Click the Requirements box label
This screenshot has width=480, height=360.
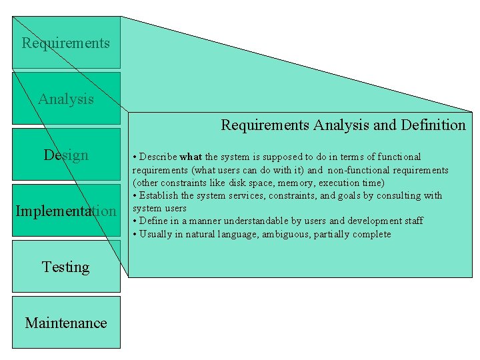pos(65,43)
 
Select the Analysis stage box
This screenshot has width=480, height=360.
pos(66,99)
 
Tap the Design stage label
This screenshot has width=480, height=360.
pos(66,155)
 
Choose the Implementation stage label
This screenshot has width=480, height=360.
pos(66,211)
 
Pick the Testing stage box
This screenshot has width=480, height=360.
pos(66,267)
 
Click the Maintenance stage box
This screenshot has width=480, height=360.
pos(66,323)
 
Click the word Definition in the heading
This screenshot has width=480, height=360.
pos(433,125)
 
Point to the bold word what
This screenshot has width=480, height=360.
pos(191,157)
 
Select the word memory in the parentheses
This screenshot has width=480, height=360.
pos(285,183)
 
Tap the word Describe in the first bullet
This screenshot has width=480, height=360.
pos(157,157)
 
